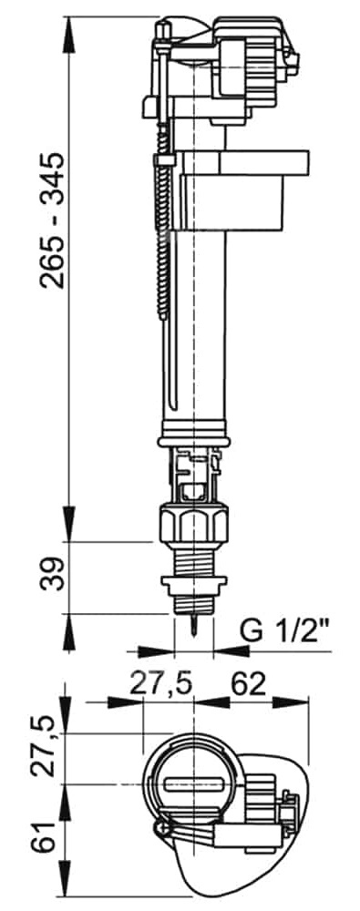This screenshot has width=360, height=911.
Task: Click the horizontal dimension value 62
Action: coord(248,684)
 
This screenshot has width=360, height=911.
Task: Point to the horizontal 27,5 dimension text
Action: coord(159,684)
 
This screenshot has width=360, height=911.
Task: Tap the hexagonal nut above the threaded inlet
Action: coord(193,524)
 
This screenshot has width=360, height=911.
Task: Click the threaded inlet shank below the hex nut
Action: coord(193,561)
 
